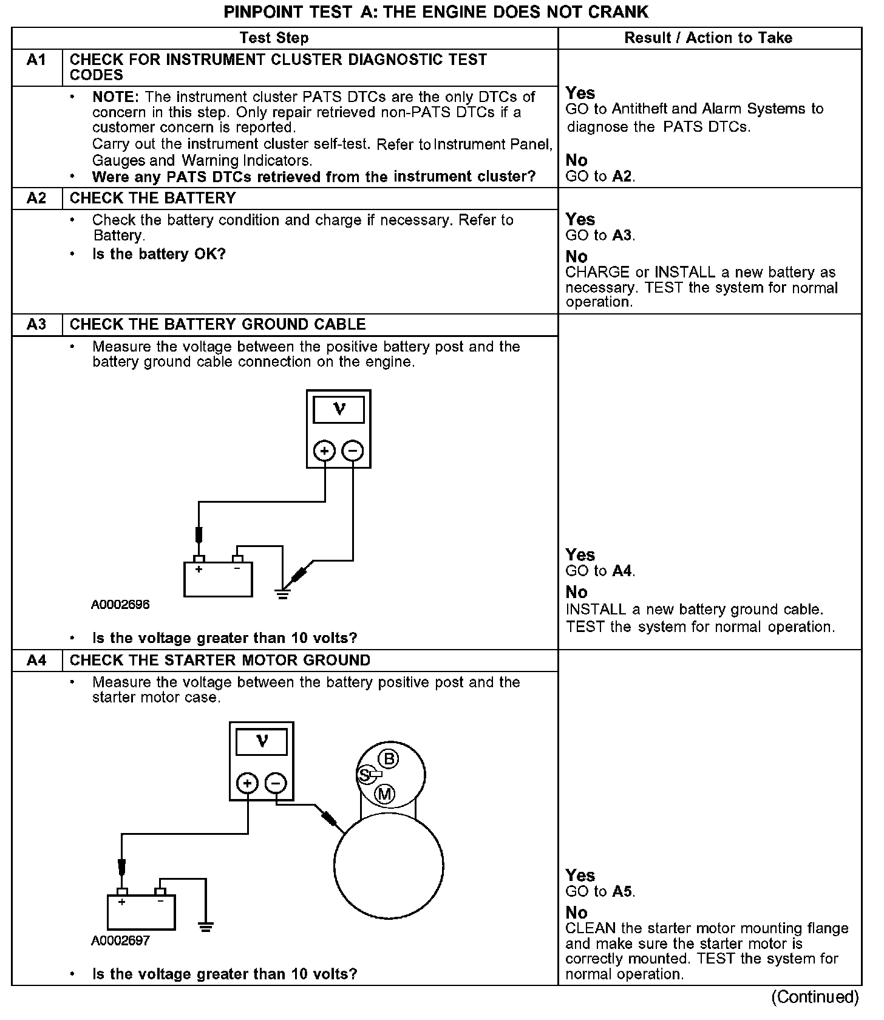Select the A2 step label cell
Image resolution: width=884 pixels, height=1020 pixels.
pyautogui.click(x=36, y=199)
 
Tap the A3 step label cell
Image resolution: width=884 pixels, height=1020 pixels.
pyautogui.click(x=36, y=325)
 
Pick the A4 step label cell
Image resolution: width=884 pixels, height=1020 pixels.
pyautogui.click(x=36, y=661)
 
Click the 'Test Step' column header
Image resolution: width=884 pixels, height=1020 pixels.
pyautogui.click(x=274, y=38)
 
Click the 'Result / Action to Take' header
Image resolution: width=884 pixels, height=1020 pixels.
pyautogui.click(x=709, y=38)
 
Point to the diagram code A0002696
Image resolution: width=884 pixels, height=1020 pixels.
pyautogui.click(x=120, y=605)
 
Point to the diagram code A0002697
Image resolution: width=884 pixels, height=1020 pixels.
pyautogui.click(x=120, y=940)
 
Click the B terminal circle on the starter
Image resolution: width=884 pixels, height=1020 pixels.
pyautogui.click(x=389, y=759)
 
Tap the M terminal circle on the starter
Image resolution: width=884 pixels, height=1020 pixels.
pyautogui.click(x=385, y=794)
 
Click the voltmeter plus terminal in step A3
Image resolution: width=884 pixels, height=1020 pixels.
pyautogui.click(x=324, y=451)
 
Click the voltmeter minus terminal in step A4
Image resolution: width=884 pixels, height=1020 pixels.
pyautogui.click(x=276, y=783)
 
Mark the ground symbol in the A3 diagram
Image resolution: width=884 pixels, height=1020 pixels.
pyautogui.click(x=283, y=593)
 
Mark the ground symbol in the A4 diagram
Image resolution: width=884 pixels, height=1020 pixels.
pyautogui.click(x=206, y=926)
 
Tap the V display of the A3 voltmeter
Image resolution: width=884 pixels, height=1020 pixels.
pyautogui.click(x=339, y=410)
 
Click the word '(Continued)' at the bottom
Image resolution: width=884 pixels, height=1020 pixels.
pyautogui.click(x=815, y=997)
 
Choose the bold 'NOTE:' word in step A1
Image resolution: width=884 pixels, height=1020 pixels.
pyautogui.click(x=116, y=97)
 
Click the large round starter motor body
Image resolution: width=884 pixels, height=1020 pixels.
pyautogui.click(x=389, y=865)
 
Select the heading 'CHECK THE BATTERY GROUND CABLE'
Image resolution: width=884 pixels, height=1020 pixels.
pyautogui.click(x=218, y=325)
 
